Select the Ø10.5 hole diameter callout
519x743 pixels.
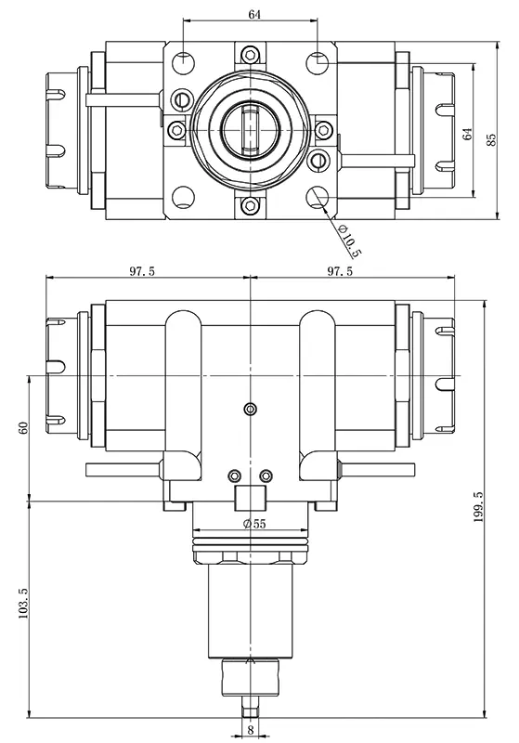coord(348,241)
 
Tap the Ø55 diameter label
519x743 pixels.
coord(253,524)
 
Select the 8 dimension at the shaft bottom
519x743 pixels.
coord(251,731)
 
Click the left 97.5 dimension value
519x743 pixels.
coord(142,271)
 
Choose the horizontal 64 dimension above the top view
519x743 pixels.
coord(252,14)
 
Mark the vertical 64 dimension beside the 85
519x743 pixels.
coord(467,131)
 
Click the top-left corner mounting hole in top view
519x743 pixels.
coord(184,62)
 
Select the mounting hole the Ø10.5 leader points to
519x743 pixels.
coord(318,197)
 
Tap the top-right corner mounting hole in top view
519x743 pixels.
coord(318,62)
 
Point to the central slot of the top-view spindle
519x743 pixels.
coord(251,130)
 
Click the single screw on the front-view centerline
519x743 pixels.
coord(249,410)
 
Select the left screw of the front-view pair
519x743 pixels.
coord(233,476)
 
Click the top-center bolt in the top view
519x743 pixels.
coord(250,54)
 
